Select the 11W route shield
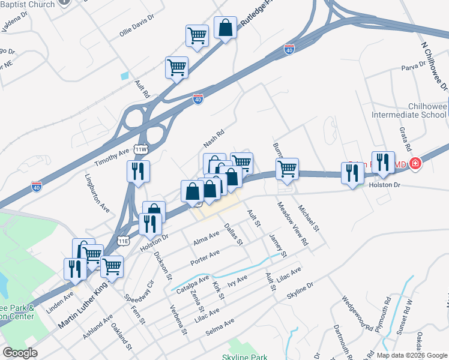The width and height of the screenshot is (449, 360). point(141,149)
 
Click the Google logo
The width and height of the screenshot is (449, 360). point(20,353)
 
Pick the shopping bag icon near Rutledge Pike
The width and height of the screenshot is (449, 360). point(225,28)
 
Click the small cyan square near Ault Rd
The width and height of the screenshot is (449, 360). point(124,76)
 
